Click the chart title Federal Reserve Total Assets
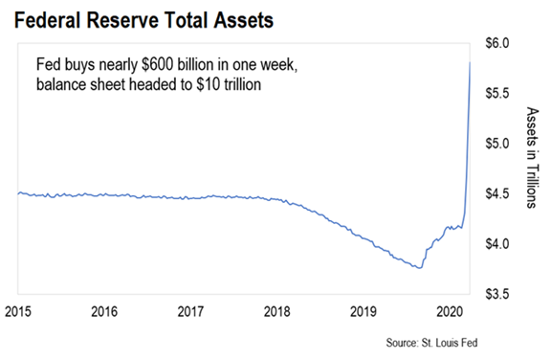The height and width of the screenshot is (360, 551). [143, 20]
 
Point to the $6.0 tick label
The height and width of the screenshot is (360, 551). [496, 43]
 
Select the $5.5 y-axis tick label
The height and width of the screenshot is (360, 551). [496, 93]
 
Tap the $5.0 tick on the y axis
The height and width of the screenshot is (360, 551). [496, 144]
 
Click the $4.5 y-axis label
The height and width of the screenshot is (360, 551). [496, 193]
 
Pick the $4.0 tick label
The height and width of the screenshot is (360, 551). [496, 243]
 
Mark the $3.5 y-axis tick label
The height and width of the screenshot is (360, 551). [496, 294]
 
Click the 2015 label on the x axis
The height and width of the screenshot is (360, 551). [18, 311]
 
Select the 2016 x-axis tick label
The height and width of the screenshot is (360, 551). [104, 311]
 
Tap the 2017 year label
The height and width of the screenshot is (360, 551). [190, 311]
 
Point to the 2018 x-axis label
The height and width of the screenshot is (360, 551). [276, 311]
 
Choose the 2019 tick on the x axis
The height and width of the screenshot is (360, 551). [364, 311]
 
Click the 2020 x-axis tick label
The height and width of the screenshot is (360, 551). [450, 311]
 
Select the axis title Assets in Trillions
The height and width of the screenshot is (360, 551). [532, 157]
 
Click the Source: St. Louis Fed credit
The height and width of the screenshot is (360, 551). [431, 343]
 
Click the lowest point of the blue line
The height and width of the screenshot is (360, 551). [419, 268]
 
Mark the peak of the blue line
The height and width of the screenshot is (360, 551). [470, 62]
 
